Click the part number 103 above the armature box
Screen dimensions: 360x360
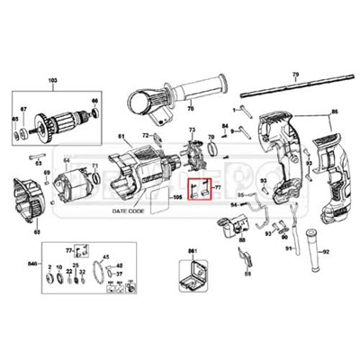51,80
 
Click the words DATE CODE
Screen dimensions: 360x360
130,210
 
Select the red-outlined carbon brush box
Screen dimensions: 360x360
202,190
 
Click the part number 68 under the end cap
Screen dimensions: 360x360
37,233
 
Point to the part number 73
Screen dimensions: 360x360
191,130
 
